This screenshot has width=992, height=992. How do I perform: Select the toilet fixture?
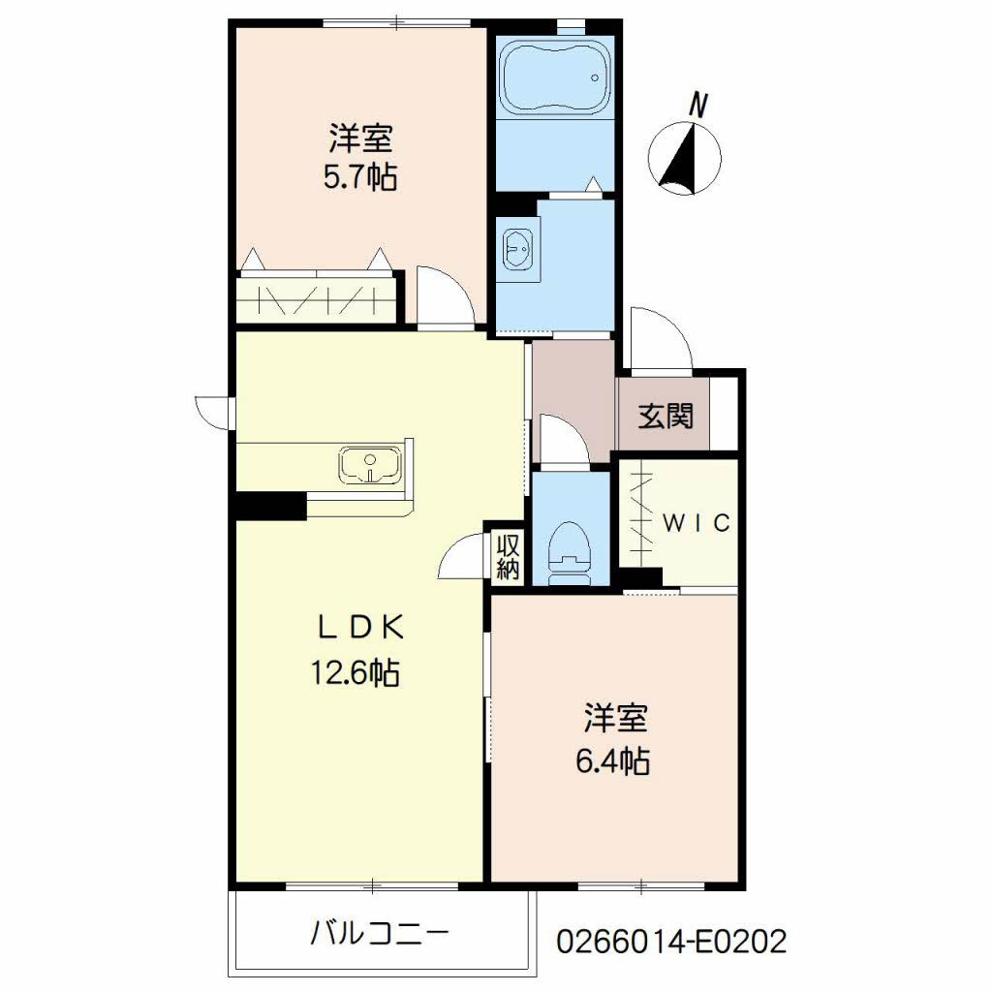point(570,554)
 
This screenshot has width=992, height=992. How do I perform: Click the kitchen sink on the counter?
point(370,465)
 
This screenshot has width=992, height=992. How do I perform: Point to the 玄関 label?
point(665,417)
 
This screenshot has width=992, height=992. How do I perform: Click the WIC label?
point(697,522)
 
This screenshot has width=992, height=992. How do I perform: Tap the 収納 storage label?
point(508,557)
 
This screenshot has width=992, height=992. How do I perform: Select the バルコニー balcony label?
point(380,933)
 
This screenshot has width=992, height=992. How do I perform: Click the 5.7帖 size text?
point(360,177)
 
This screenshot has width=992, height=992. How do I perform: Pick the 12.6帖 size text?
point(355,672)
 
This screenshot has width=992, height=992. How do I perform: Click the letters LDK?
point(359,628)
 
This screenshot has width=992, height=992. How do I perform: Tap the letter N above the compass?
point(697,105)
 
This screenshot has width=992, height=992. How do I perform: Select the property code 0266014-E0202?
point(671,941)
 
